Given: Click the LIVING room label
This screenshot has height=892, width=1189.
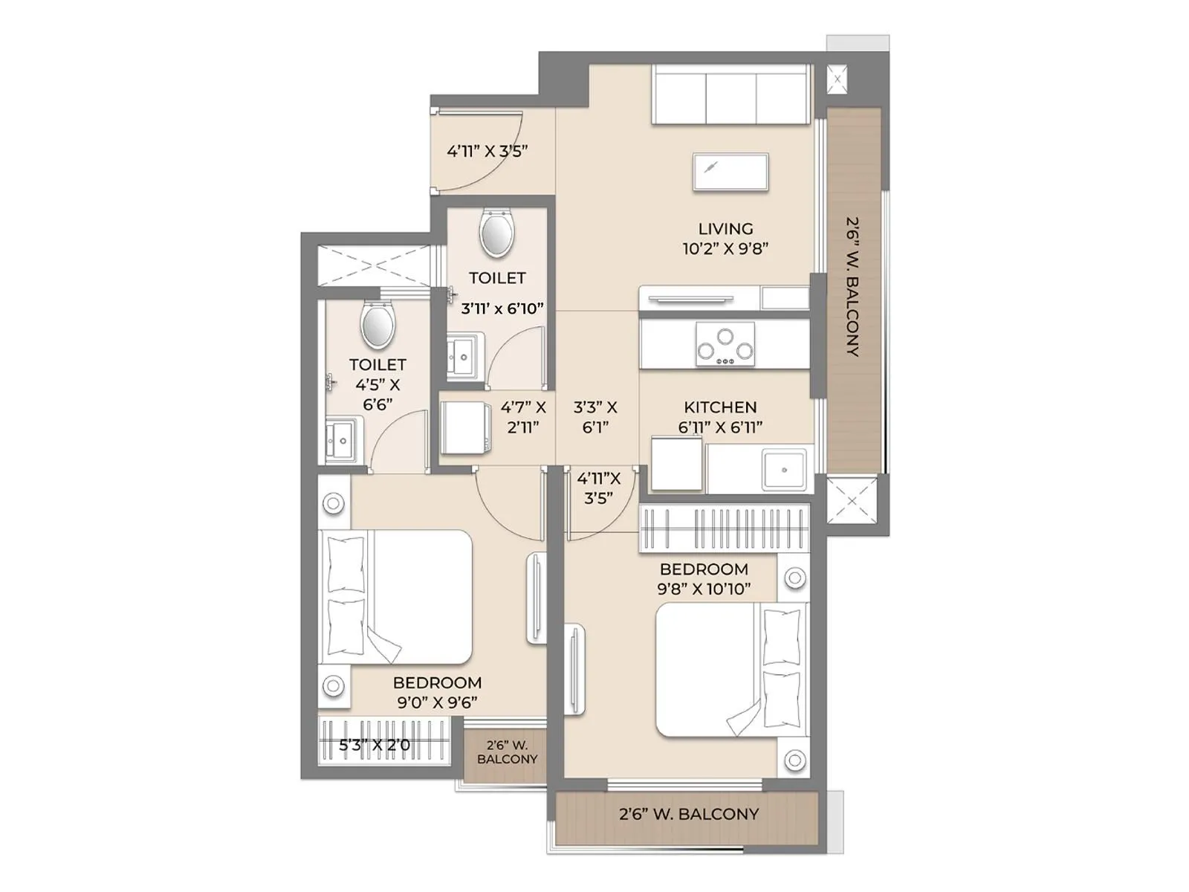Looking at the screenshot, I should click(725, 229).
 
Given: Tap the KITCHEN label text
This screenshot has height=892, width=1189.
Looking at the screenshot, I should click(720, 407).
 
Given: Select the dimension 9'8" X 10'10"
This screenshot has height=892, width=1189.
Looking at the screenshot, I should click(703, 589).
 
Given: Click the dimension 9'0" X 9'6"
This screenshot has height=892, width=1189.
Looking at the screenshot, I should click(437, 702).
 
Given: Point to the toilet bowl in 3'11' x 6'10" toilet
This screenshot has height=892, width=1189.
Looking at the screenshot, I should click(496, 233).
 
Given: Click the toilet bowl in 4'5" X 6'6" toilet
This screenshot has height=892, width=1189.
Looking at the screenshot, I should click(378, 325).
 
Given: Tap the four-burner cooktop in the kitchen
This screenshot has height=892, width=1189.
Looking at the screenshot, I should click(725, 344).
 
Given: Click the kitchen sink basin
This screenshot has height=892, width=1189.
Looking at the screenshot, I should click(783, 470).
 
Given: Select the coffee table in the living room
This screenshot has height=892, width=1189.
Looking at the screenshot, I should click(730, 172).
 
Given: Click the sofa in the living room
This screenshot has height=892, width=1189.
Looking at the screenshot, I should click(730, 94).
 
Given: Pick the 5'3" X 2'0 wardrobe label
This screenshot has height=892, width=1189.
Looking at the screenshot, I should click(374, 745).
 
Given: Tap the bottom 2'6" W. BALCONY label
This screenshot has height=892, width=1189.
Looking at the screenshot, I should click(689, 814).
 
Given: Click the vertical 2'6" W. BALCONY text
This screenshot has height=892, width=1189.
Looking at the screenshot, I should click(853, 286).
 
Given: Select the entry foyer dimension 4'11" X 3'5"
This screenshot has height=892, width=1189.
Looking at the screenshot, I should click(487, 151).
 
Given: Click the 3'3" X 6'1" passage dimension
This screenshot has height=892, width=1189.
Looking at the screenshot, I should click(595, 417).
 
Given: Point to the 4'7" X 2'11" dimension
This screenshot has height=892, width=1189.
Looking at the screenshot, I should click(523, 417).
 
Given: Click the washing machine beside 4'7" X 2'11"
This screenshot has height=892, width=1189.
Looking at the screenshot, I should click(465, 427).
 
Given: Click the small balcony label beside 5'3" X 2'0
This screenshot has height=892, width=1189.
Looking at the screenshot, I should click(507, 752).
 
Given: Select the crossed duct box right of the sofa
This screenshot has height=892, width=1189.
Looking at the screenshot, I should click(838, 79).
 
